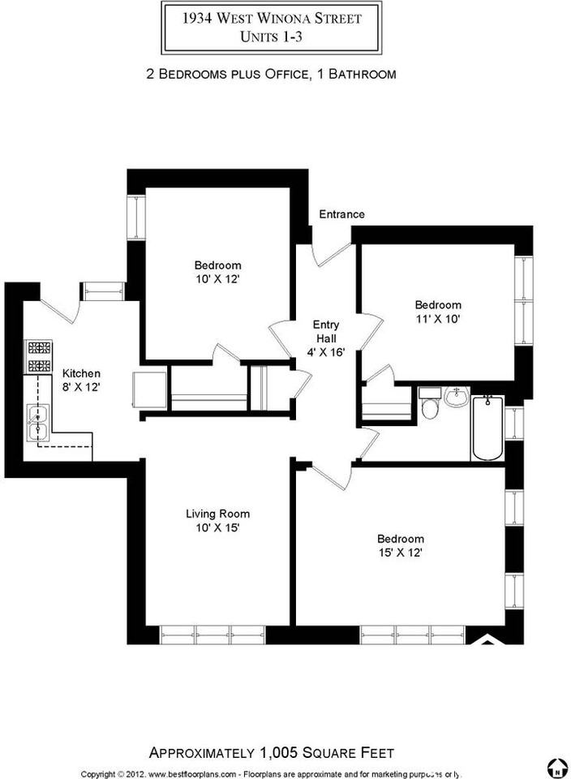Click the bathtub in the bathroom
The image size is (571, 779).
click(x=487, y=428)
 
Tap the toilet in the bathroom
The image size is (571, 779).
click(x=428, y=403)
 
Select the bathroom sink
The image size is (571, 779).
click(x=457, y=397)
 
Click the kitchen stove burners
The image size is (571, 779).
click(x=39, y=356)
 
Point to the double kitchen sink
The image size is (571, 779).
click(x=38, y=423)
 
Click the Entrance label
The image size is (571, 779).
click(x=341, y=214)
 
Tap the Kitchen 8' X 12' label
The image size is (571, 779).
click(x=81, y=380)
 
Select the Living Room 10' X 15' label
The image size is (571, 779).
click(x=217, y=520)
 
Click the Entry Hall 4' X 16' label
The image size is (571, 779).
click(x=326, y=338)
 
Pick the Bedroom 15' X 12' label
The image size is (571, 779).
click(x=400, y=545)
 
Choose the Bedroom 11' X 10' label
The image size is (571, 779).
click(x=438, y=312)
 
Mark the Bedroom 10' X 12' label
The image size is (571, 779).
click(x=217, y=272)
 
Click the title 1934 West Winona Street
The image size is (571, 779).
click(x=272, y=19)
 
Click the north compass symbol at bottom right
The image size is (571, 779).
click(x=557, y=768)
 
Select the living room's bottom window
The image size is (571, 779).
click(x=213, y=635)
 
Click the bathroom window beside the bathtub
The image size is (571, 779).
click(x=514, y=423)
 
